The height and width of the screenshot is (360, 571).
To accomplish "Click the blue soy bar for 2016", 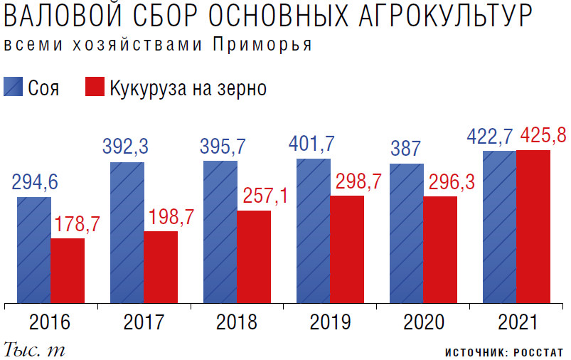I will pyautogui.click(x=34, y=250).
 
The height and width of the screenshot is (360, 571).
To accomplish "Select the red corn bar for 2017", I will pyautogui.click(x=161, y=267).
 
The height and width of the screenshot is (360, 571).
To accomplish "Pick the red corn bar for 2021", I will pyautogui.click(x=533, y=226).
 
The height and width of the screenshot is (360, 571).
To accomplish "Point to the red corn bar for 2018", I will pyautogui.click(x=254, y=257).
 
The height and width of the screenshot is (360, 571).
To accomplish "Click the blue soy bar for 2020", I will pyautogui.click(x=407, y=233).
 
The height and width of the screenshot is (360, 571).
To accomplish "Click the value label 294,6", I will pyautogui.click(x=34, y=183).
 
